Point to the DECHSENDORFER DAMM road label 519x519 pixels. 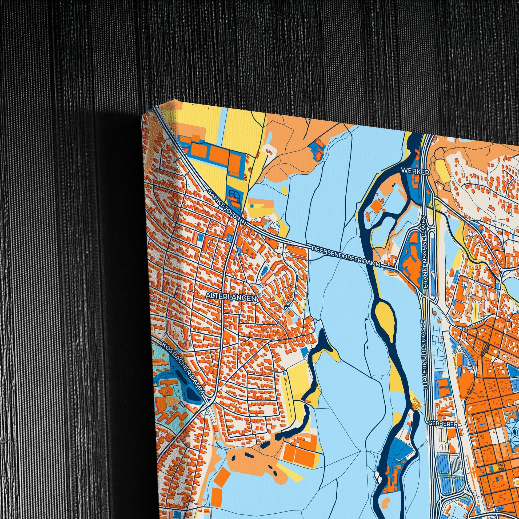pyautogui.click(x=346, y=255)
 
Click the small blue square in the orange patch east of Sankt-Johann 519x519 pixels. pyautogui.click(x=252, y=206)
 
